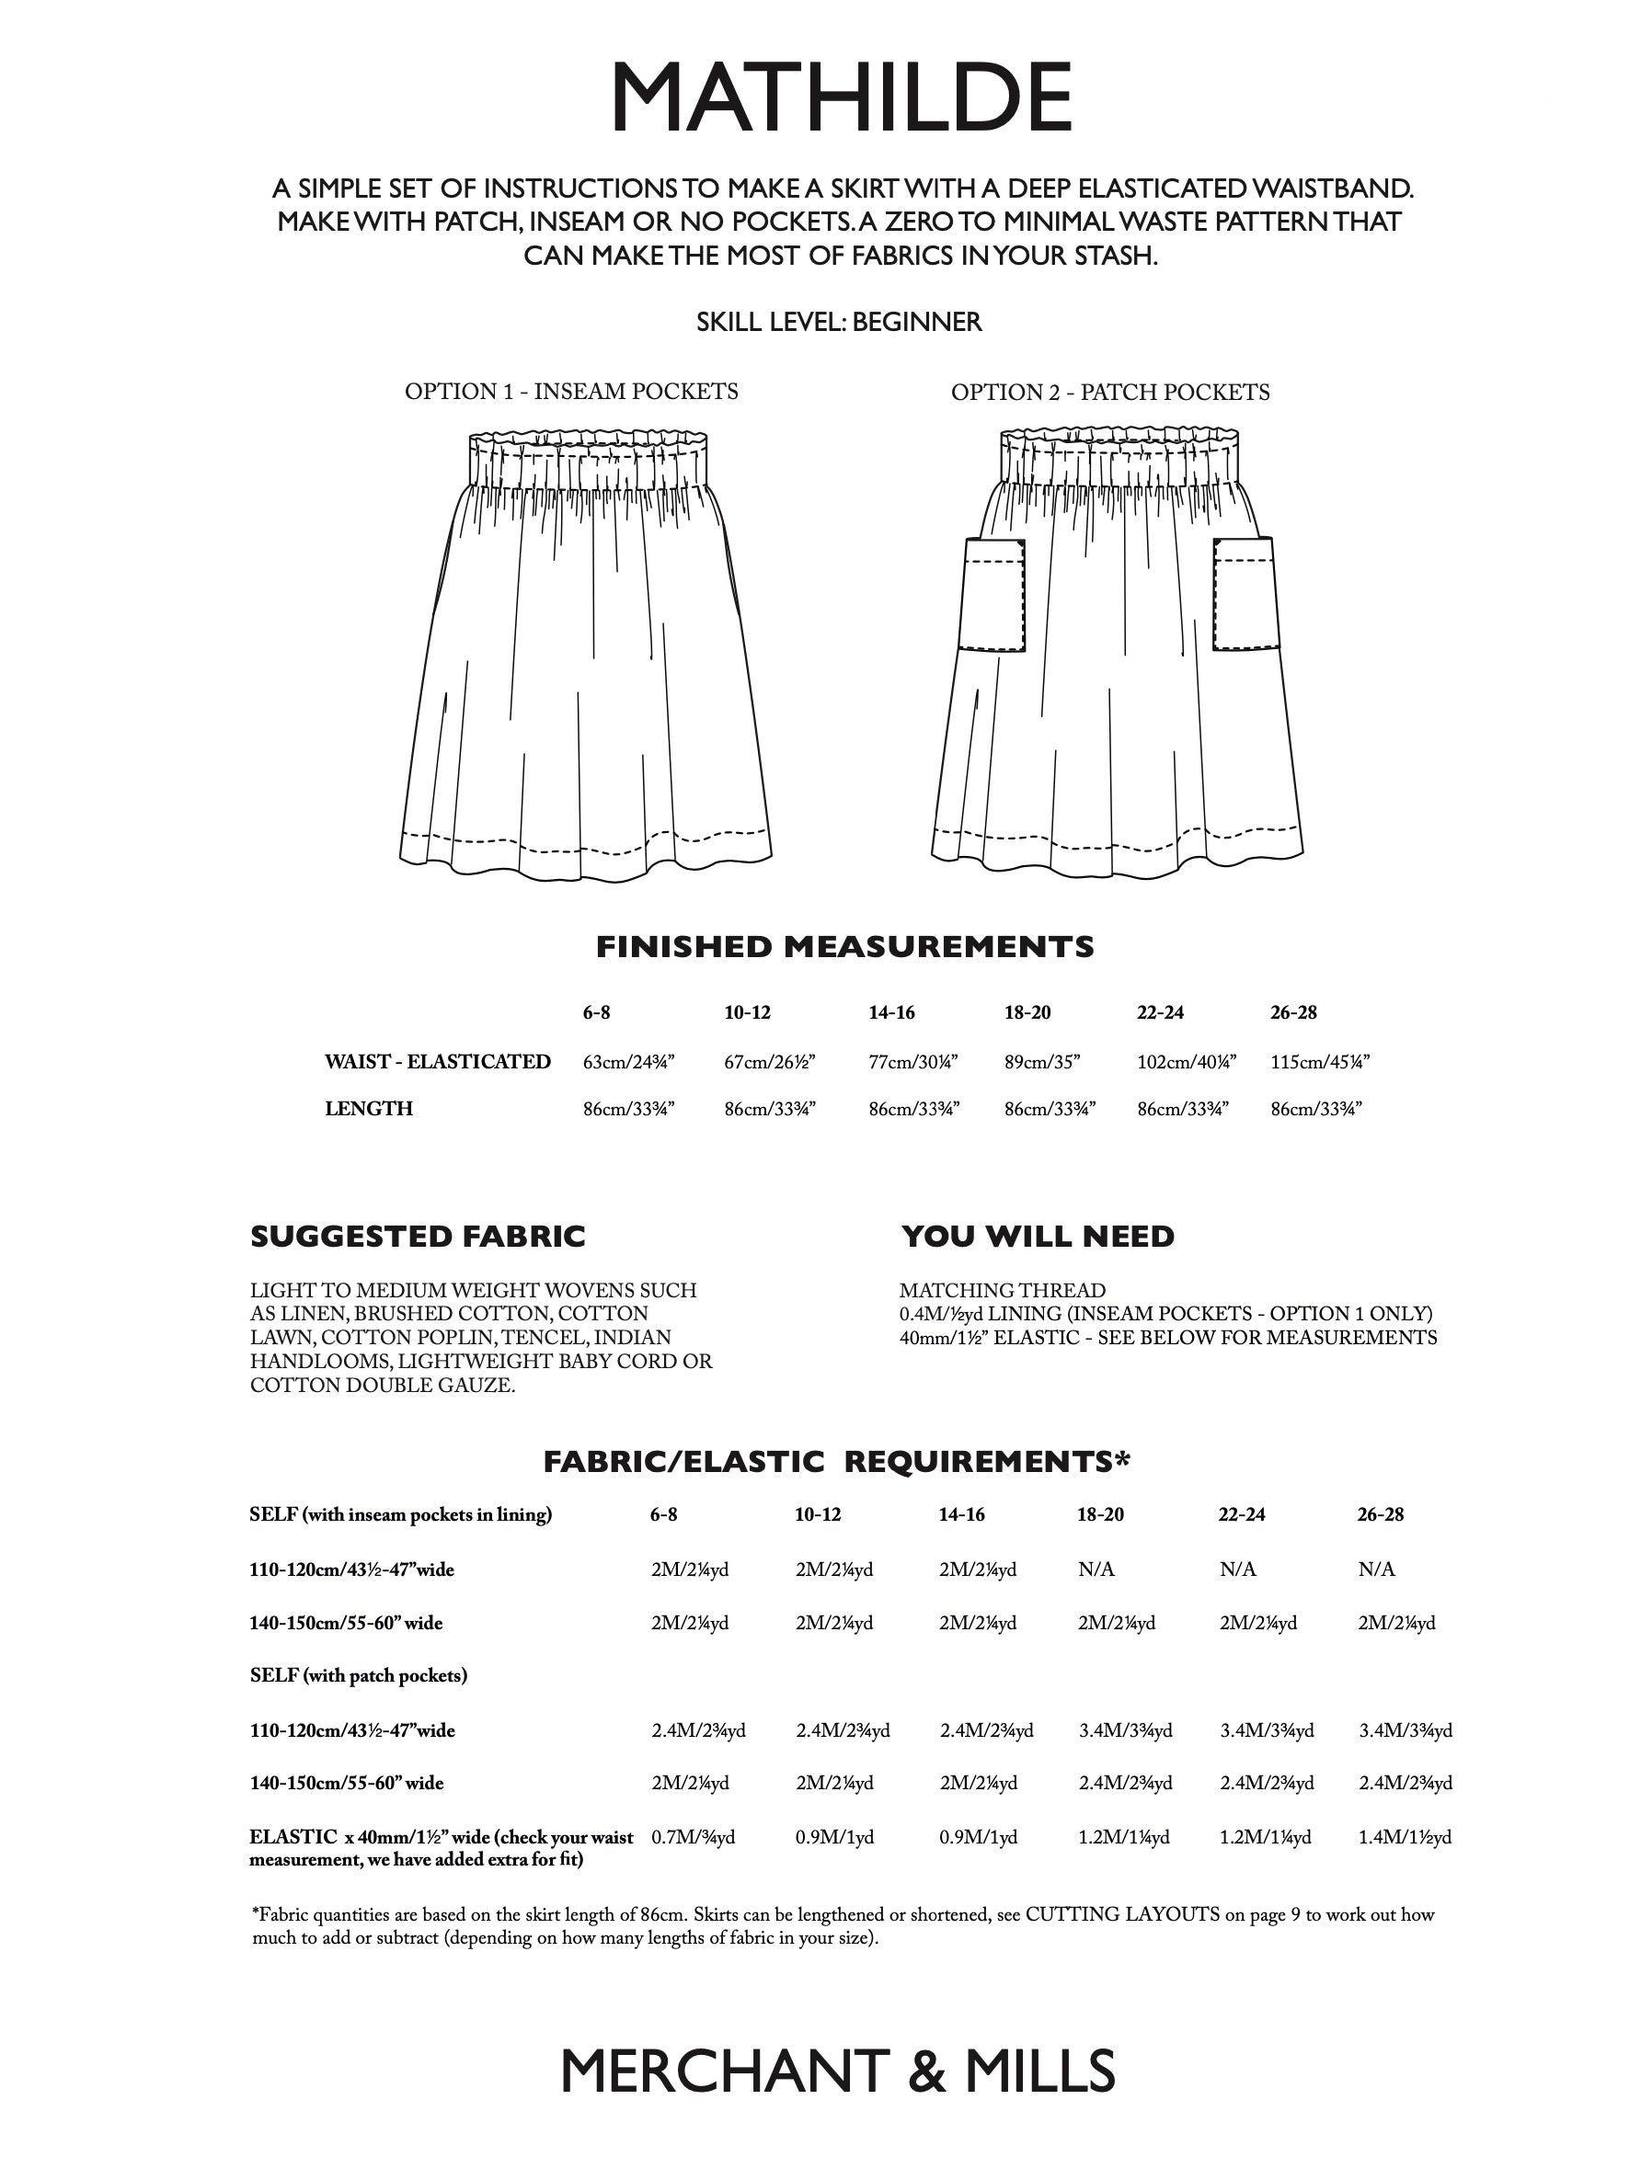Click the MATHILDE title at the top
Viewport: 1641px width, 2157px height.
[x=840, y=97]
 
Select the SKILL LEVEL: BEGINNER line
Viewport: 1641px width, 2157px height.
[x=839, y=322]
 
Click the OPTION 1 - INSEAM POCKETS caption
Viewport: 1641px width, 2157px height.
[x=571, y=392]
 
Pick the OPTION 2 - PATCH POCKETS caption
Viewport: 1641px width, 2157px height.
[x=1109, y=393]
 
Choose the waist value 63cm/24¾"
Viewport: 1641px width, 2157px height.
[x=629, y=1062]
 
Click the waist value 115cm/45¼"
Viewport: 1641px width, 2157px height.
[x=1320, y=1062]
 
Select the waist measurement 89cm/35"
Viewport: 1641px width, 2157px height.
[x=1041, y=1062]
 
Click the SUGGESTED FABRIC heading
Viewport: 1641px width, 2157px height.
[x=418, y=1238]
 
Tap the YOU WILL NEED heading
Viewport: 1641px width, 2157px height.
[x=1038, y=1238]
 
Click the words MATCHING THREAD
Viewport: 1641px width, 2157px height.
[x=1003, y=1291]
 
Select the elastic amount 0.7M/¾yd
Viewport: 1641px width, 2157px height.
[x=693, y=1838]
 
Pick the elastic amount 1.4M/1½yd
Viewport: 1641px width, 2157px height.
[x=1405, y=1838]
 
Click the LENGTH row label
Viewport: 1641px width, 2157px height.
[x=368, y=1109]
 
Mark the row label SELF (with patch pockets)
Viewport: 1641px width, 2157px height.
[x=359, y=1675]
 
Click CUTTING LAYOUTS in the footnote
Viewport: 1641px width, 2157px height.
[x=1122, y=1915]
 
